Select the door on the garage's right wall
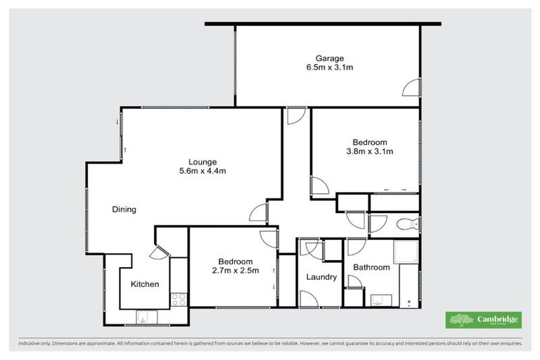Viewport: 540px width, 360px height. (411, 88)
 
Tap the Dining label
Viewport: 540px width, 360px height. (124, 210)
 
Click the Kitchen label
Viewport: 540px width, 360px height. (145, 284)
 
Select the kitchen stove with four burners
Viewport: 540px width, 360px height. (179, 300)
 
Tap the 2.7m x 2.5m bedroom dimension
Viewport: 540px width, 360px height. (235, 270)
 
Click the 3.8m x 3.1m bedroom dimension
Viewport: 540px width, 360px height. (369, 150)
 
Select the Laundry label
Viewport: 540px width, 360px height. (321, 277)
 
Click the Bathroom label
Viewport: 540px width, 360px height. (371, 267)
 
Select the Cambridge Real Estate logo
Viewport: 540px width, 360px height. (484, 319)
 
